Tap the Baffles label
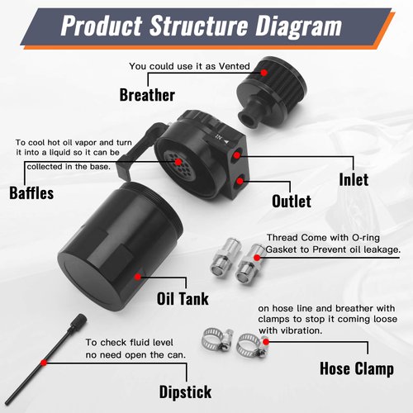pyautogui.click(x=31, y=194)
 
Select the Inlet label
pyautogui.click(x=353, y=178)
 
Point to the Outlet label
pyautogui.click(x=291, y=201)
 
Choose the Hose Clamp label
pyautogui.click(x=356, y=368)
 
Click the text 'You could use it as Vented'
pyautogui.click(x=188, y=67)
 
